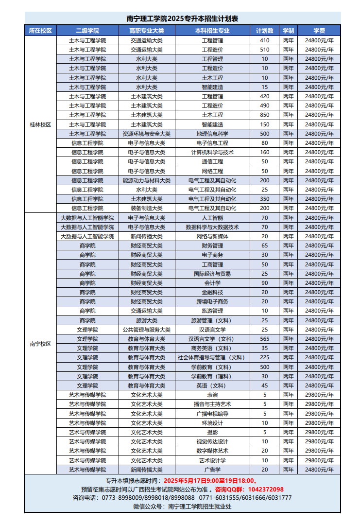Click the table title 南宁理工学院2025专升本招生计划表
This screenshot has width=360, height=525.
[x=182, y=18]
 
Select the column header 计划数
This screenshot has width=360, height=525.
[x=265, y=31]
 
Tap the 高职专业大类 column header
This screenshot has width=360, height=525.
[x=146, y=31]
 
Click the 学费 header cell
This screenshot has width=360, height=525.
[x=319, y=31]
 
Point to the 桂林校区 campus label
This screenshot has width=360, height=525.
[x=40, y=124]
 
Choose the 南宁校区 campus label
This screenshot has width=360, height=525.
[x=40, y=344]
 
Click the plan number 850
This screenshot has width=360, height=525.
[x=265, y=115]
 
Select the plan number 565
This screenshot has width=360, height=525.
[x=265, y=339]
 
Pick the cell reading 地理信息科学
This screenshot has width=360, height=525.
[x=212, y=134]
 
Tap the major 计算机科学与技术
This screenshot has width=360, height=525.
[x=212, y=152]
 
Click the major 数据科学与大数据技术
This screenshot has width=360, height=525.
[x=212, y=227]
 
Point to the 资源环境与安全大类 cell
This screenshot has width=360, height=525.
[x=146, y=134]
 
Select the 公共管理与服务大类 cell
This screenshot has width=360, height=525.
[x=146, y=330]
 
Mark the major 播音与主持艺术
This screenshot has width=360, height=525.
[x=212, y=404]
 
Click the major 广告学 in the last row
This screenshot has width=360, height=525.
[x=212, y=470]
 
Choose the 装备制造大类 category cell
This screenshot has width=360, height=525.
[x=146, y=208]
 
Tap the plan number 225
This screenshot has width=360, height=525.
[x=265, y=358]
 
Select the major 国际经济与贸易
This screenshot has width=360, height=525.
[x=212, y=274]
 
